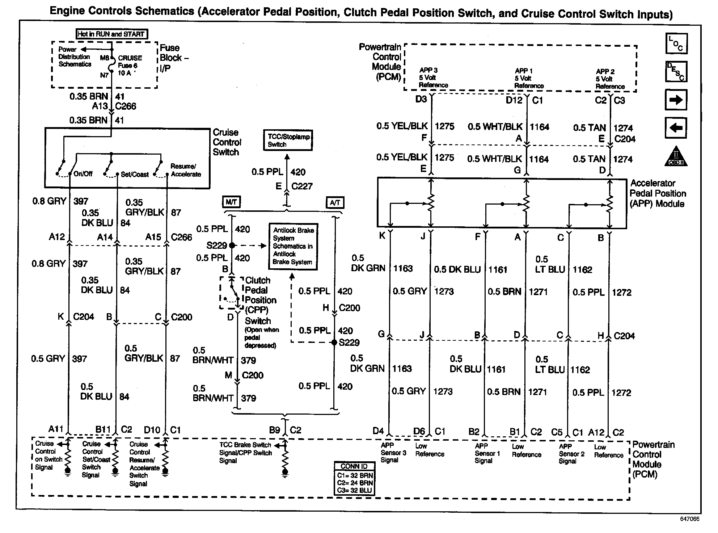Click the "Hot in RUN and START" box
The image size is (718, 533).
coord(112,34)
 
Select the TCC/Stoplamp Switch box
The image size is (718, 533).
coord(288,140)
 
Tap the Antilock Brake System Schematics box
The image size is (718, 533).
coord(293,246)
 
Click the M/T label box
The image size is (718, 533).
coord(231,202)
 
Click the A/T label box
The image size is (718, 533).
coord(335,202)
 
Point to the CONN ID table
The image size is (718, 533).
coord(354,479)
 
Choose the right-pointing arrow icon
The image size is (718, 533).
coord(676,100)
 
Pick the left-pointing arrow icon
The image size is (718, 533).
coord(676,128)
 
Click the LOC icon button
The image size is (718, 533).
coord(676,43)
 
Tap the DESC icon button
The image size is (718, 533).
coord(676,72)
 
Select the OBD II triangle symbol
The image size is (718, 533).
coord(676,156)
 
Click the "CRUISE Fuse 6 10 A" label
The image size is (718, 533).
coord(130,66)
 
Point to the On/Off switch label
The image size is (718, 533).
coord(83,174)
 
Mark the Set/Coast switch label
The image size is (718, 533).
coord(135,175)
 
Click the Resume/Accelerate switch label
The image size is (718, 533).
coord(186,170)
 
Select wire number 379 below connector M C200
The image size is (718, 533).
coord(249,398)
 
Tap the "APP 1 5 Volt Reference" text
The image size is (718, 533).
coord(529,78)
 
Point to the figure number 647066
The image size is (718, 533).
coord(689,519)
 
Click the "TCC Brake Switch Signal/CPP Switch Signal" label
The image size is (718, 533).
coord(245,453)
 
